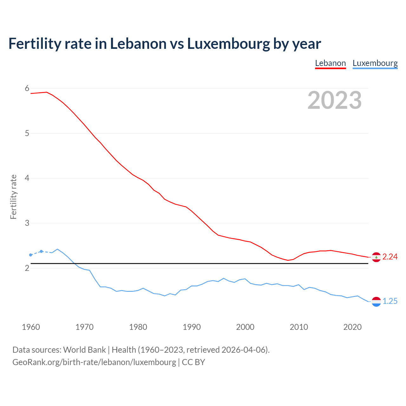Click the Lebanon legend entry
[x=330, y=63]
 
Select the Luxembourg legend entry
[x=375, y=63]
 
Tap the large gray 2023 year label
[x=334, y=100]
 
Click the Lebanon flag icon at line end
[x=376, y=257]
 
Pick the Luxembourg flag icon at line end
[x=376, y=302]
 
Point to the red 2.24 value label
[x=390, y=257]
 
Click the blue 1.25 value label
[x=390, y=301]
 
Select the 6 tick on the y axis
[x=27, y=88]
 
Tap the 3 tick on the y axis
[x=27, y=223]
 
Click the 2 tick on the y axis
[x=27, y=268]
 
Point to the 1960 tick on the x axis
[x=31, y=327]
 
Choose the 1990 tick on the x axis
[x=192, y=327]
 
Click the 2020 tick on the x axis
[x=352, y=327]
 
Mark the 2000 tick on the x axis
[x=245, y=327]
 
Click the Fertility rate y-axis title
[x=13, y=197]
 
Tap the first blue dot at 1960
[x=30, y=255]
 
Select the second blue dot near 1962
[x=41, y=251]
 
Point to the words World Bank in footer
[x=84, y=350]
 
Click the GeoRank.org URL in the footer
[x=94, y=362]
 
